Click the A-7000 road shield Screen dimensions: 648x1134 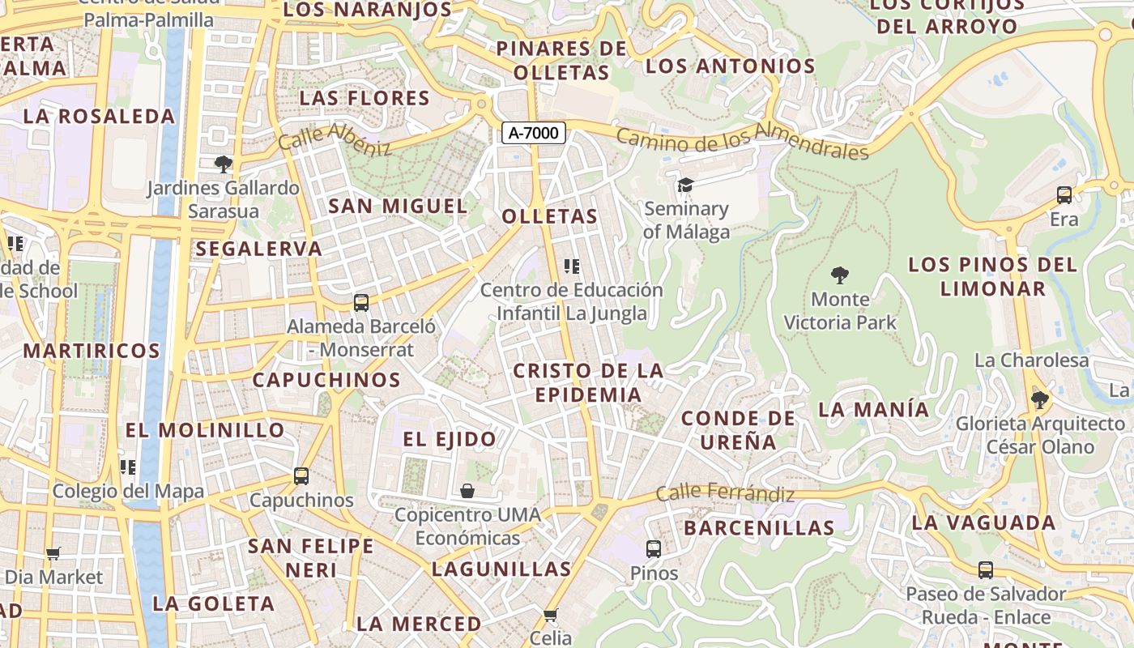[533, 133]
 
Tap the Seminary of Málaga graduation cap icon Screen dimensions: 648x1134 [686, 185]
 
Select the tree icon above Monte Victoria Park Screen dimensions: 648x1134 [840, 275]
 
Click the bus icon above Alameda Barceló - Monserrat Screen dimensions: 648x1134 [361, 303]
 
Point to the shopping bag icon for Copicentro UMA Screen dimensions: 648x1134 [467, 491]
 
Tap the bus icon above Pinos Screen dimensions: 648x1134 [654, 549]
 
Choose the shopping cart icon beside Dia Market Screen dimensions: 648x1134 [53, 554]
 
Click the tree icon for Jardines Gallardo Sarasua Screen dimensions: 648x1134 [223, 164]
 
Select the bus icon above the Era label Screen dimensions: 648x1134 [1064, 195]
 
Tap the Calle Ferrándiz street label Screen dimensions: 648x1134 [725, 492]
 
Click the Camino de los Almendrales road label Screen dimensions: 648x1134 [741, 140]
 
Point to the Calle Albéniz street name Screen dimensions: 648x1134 [335, 139]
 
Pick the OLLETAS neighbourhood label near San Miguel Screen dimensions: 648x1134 [549, 216]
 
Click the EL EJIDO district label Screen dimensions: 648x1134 [450, 439]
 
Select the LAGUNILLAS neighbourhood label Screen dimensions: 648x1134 [501, 569]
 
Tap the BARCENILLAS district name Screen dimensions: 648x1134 [759, 528]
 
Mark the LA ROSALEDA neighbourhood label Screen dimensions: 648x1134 [99, 116]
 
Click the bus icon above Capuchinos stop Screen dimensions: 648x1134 [301, 476]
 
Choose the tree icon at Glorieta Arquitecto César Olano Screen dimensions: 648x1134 [1039, 399]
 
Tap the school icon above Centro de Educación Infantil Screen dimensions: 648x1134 [572, 266]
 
